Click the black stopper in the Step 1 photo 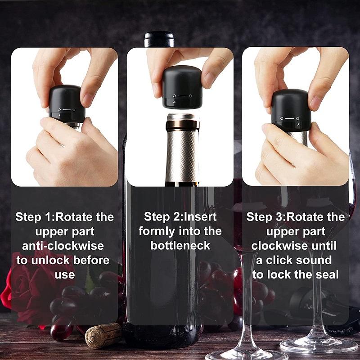(67, 103)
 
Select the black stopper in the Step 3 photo (291, 110)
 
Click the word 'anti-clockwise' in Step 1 (63, 246)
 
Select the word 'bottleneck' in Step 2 (180, 246)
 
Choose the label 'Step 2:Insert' (180, 217)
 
